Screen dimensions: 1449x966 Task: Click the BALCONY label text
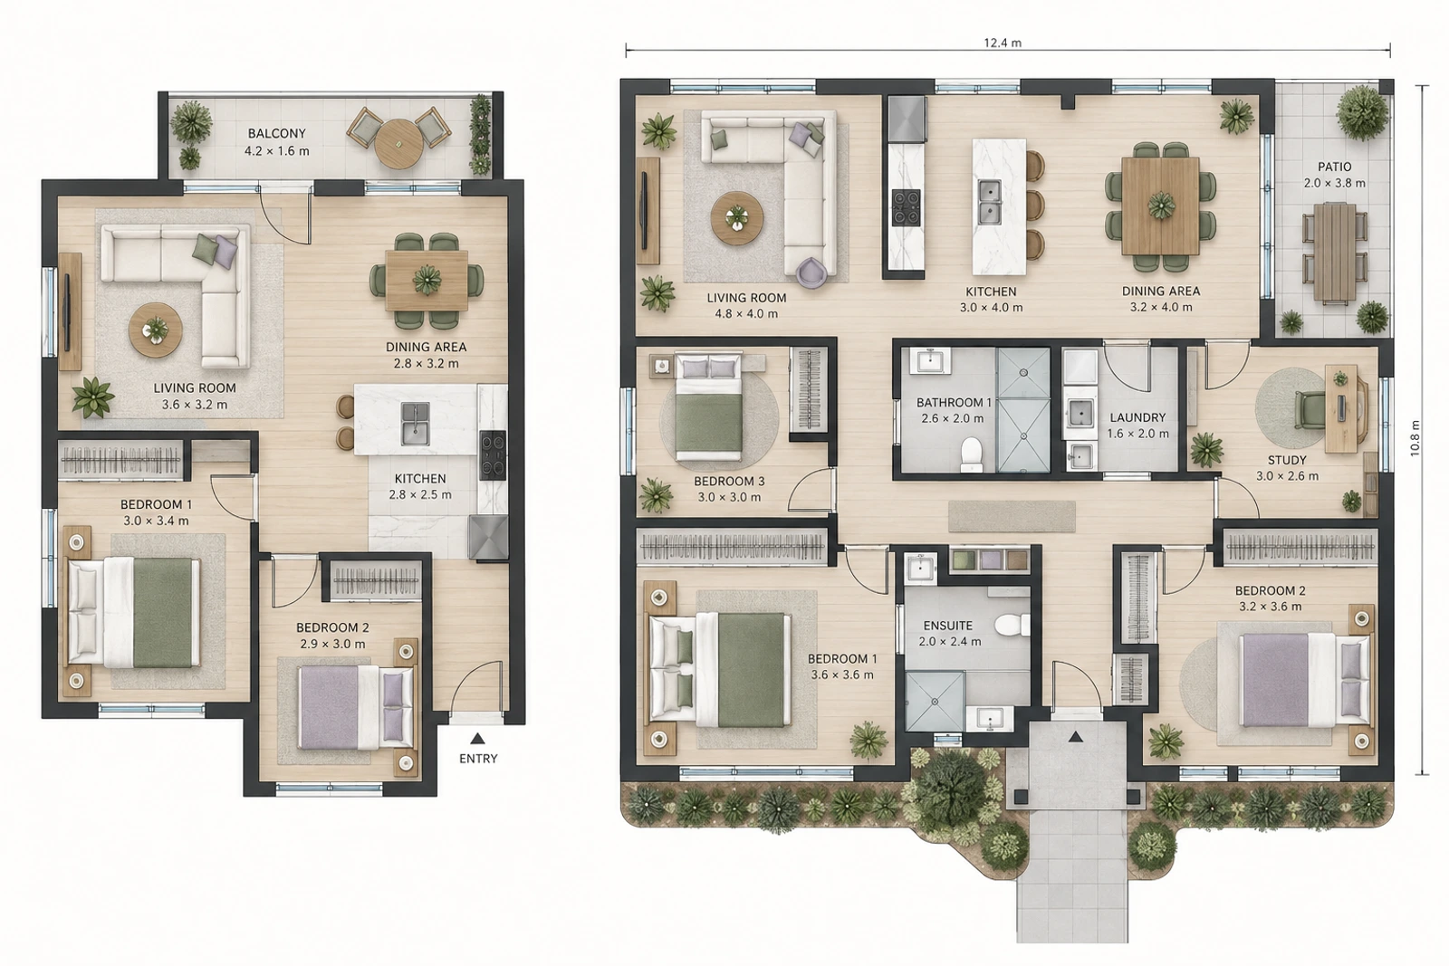click(x=276, y=134)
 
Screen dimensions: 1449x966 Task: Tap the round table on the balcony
click(x=398, y=144)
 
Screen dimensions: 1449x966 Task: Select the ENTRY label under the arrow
click(x=478, y=759)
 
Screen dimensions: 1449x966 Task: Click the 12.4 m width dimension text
click(x=1003, y=43)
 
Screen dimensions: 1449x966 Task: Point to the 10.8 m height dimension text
click(x=1415, y=438)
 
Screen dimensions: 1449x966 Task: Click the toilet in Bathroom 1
click(x=971, y=454)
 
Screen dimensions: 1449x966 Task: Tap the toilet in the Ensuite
click(x=1012, y=626)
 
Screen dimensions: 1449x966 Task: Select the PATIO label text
click(x=1335, y=167)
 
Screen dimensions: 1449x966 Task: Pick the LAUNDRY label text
click(x=1137, y=417)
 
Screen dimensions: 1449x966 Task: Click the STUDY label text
click(x=1287, y=461)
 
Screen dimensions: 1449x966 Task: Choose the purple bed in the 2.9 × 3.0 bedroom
click(x=356, y=708)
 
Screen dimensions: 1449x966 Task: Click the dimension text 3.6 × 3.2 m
click(x=195, y=406)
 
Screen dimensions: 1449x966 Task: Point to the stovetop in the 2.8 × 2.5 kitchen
click(x=493, y=455)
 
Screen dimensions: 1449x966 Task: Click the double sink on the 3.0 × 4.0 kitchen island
click(x=990, y=202)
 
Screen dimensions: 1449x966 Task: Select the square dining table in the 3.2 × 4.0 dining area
click(x=1161, y=206)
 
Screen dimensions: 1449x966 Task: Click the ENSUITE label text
click(x=947, y=626)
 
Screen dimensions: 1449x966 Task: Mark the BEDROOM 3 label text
click(x=729, y=482)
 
